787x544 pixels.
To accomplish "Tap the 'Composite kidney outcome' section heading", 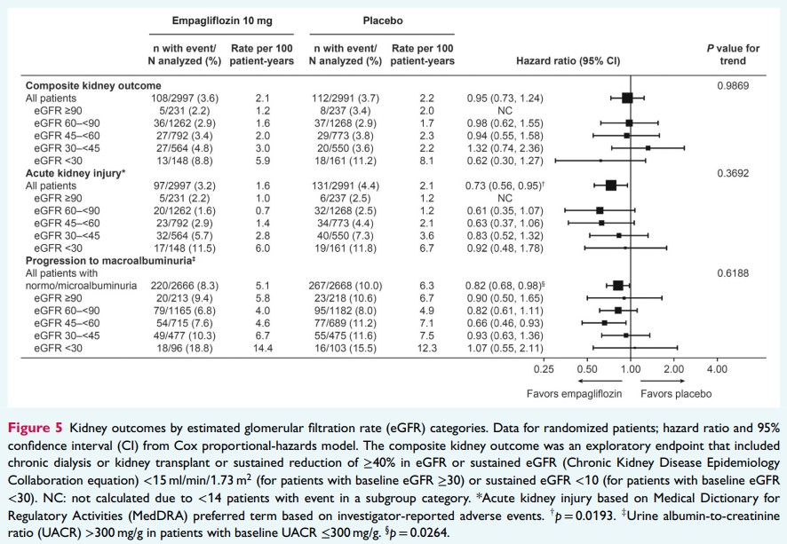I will coord(86,85).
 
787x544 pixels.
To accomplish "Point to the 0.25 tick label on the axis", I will coord(544,368).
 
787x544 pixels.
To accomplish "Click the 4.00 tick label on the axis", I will coord(716,368).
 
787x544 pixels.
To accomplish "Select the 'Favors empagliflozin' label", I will coord(574,391).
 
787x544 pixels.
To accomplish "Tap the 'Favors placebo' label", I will coord(675,391).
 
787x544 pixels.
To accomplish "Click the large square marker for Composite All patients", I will coord(627,99).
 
